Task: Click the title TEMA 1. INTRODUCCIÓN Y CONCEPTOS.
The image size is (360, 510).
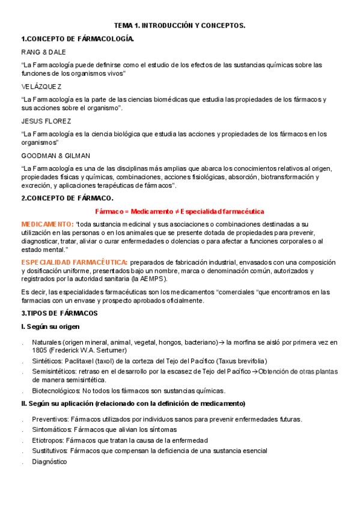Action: point(180,26)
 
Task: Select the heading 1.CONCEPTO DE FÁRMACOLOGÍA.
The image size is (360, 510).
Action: point(78,39)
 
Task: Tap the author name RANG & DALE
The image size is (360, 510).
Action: point(44,52)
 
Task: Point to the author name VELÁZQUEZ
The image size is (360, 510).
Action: point(41,86)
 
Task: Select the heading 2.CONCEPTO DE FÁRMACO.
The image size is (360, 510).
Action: point(67,198)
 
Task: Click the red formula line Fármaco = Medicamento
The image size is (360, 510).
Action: point(180,211)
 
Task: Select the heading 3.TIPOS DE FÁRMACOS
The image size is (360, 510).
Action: point(59,313)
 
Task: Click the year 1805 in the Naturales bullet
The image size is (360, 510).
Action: point(40,350)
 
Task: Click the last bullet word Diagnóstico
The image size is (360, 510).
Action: point(50,461)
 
